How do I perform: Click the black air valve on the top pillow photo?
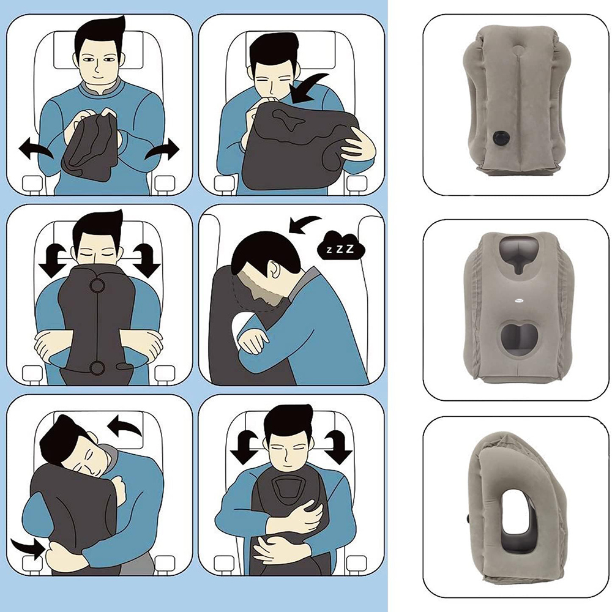[x=499, y=138]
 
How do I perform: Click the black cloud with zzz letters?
[x=341, y=247]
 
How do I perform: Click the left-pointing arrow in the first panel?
[x=35, y=150]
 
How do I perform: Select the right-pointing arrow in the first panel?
[x=162, y=150]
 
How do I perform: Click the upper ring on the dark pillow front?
[x=97, y=285]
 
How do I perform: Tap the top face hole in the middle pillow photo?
[x=518, y=254]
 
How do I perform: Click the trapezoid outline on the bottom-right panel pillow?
[x=289, y=490]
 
